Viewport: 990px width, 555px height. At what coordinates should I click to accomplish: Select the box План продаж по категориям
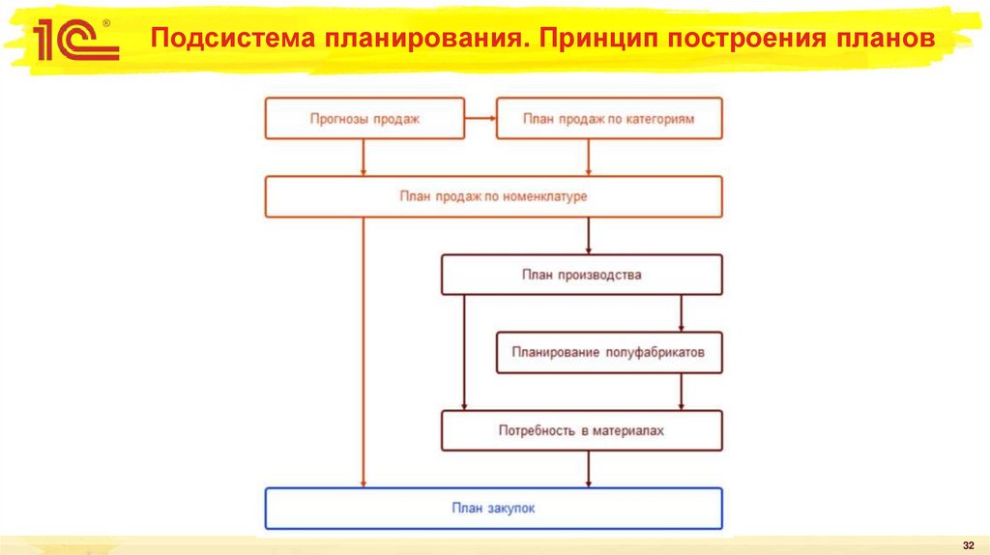(x=608, y=120)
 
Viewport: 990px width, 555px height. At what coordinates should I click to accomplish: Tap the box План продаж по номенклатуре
(x=493, y=196)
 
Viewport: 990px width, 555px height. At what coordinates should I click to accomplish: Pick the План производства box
(x=581, y=275)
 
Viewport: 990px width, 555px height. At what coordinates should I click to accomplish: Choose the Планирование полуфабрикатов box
(x=609, y=353)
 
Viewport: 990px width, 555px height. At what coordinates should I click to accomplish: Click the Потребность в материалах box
(x=581, y=430)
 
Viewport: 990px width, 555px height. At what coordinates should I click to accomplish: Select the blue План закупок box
(x=493, y=508)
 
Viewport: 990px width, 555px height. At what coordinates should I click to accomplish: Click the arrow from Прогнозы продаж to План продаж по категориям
(x=480, y=120)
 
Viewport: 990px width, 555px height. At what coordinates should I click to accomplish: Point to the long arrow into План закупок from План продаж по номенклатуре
(x=364, y=348)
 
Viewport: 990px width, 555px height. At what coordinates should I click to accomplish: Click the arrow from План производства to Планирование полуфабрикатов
(x=683, y=313)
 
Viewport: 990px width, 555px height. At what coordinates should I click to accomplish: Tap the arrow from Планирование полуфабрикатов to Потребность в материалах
(x=683, y=392)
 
